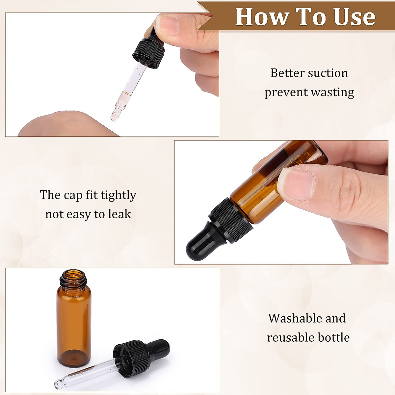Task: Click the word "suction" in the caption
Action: pyautogui.click(x=327, y=73)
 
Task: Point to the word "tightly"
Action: pyautogui.click(x=118, y=196)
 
